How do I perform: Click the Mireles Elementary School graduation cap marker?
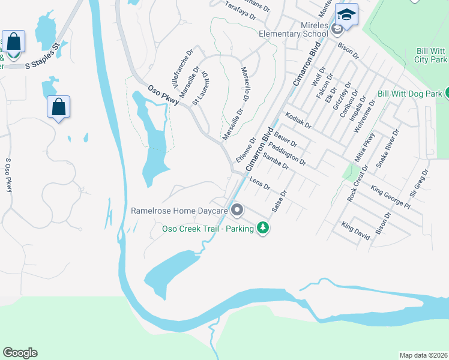point(346,14)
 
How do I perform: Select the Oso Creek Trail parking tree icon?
point(262,228)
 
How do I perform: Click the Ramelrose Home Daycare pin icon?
point(237,210)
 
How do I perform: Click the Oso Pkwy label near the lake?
point(163,95)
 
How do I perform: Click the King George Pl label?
point(390,197)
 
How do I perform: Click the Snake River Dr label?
point(387,148)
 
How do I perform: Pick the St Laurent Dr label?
point(199,88)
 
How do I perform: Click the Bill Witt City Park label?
point(430,56)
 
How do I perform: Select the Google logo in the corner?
point(20,353)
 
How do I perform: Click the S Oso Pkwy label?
point(8,175)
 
